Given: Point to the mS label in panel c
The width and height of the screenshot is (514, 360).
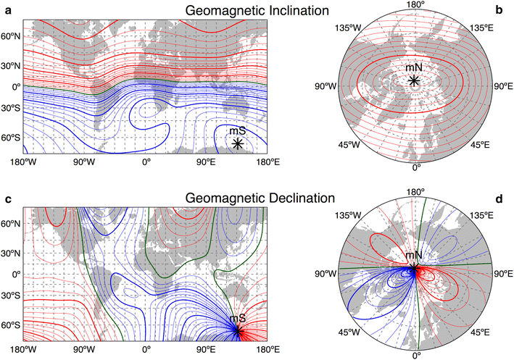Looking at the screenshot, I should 237,319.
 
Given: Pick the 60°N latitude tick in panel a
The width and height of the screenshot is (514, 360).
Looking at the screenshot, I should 11,35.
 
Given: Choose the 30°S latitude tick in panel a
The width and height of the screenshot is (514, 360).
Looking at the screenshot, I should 11,112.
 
